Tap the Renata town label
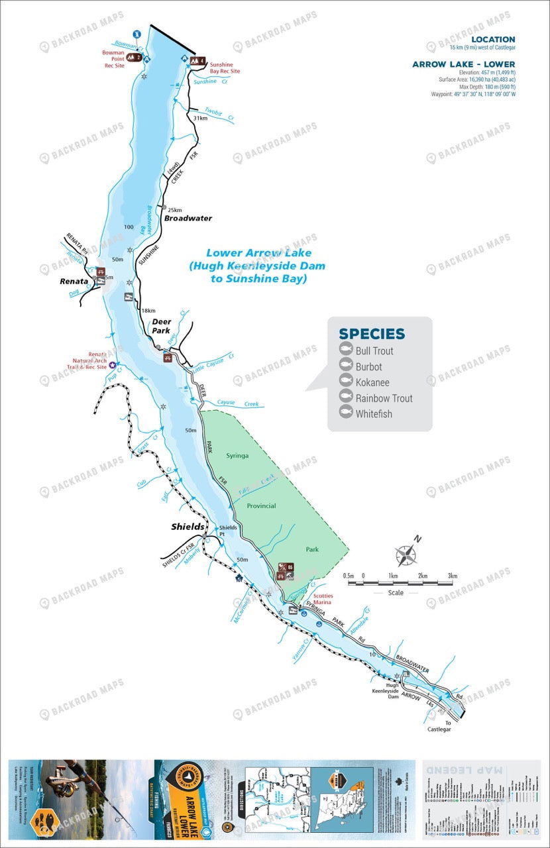(74, 281)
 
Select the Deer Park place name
(162, 326)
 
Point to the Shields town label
(188, 527)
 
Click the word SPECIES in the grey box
(371, 334)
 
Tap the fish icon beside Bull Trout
(345, 350)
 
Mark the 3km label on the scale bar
(453, 576)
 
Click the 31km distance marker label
(199, 118)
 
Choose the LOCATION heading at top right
(493, 39)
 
